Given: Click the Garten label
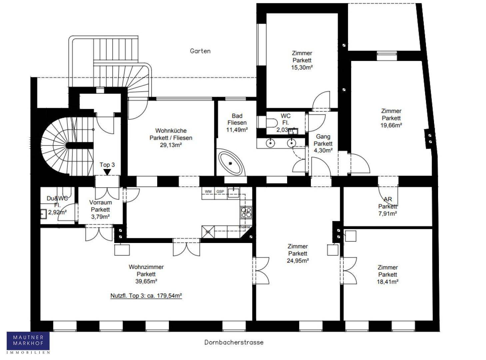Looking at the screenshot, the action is [200, 51].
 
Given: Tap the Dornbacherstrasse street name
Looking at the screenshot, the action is [234, 342].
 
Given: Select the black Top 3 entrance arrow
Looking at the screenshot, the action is [107, 172].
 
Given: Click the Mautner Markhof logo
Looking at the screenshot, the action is [28, 342].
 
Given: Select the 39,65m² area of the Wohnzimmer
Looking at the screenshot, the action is [146, 281].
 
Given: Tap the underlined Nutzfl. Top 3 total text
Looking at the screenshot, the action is [146, 296].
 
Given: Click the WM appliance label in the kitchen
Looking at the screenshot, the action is [208, 192].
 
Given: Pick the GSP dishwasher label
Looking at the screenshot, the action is [220, 192].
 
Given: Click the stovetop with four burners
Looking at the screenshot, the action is [246, 212].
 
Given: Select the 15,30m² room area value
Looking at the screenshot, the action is [302, 67].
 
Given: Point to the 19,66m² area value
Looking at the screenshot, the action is [391, 125].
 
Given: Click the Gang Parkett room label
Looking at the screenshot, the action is [323, 140].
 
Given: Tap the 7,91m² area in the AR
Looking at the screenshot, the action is [387, 214].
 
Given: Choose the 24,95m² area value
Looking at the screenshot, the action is [298, 261].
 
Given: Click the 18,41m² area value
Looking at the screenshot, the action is [388, 282].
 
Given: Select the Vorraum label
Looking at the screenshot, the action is [101, 202].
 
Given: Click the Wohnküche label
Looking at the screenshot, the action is [171, 131].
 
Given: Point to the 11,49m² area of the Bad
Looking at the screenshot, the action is [237, 130].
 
